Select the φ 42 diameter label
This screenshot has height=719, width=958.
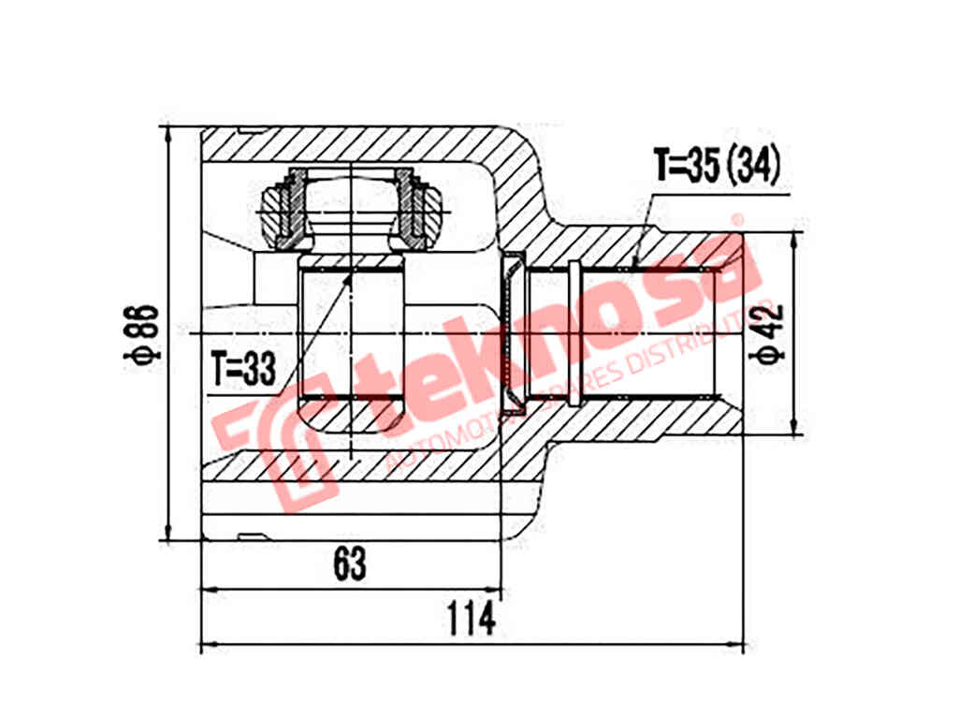pos(771,334)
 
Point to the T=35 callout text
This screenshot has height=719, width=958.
pos(688,166)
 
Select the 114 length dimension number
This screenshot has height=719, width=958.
pos(470,620)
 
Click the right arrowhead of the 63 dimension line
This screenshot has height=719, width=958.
pos(495,590)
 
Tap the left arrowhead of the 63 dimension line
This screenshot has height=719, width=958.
pos(209,590)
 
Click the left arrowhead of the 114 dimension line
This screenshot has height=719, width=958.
pos(209,645)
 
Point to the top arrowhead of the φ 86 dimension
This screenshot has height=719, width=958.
pos(168,134)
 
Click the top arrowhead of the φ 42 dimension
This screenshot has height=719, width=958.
pos(795,240)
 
